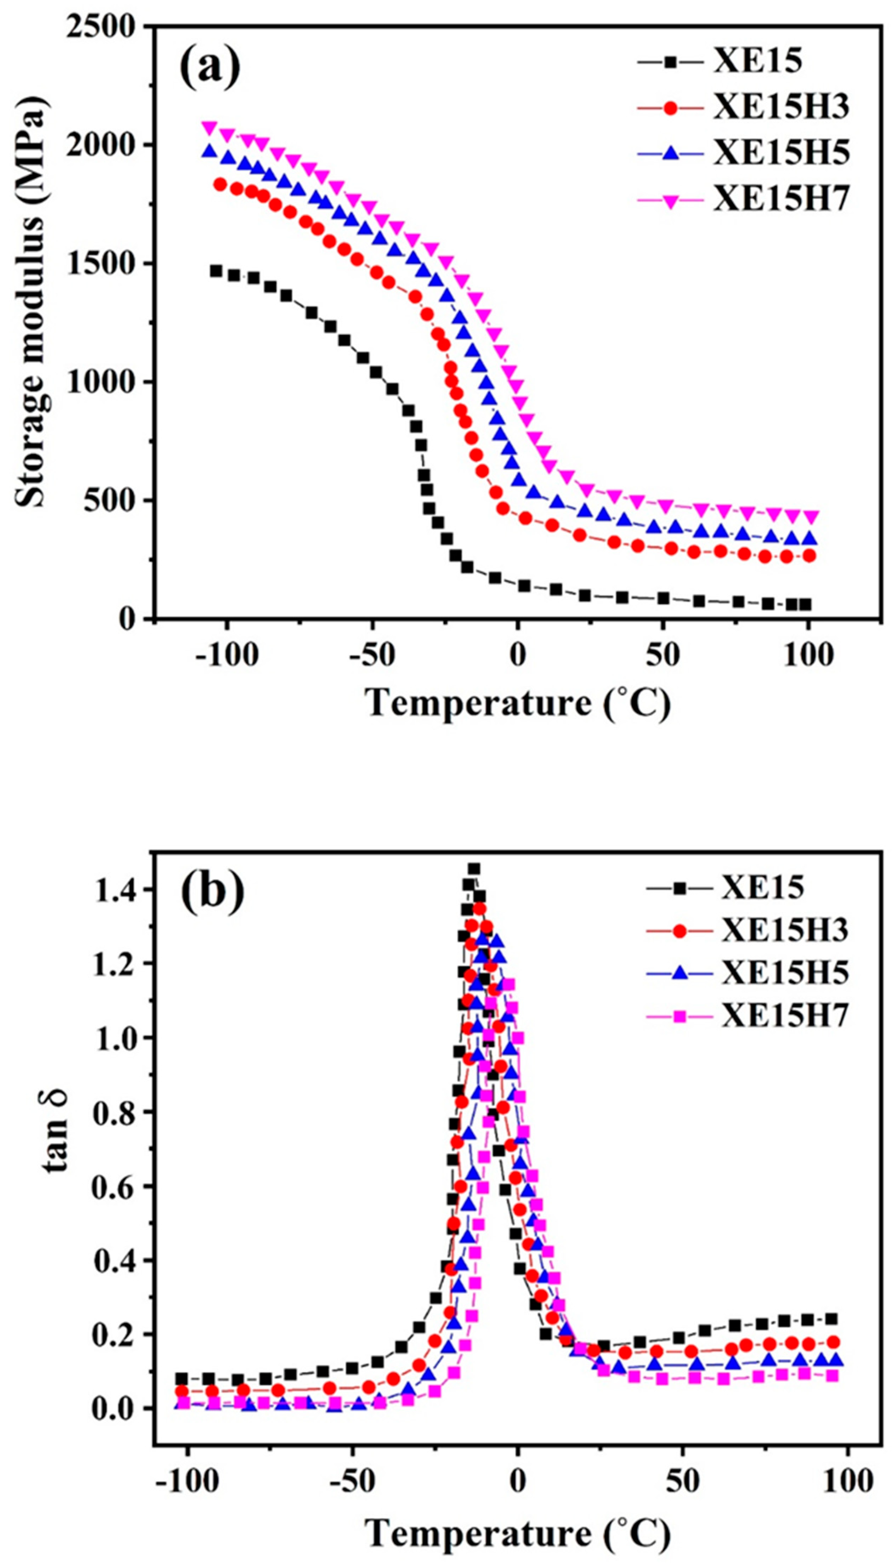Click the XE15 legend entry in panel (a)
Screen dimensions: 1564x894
[757, 62]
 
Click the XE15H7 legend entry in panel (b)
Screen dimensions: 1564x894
[785, 1016]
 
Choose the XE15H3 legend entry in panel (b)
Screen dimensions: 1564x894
[785, 931]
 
